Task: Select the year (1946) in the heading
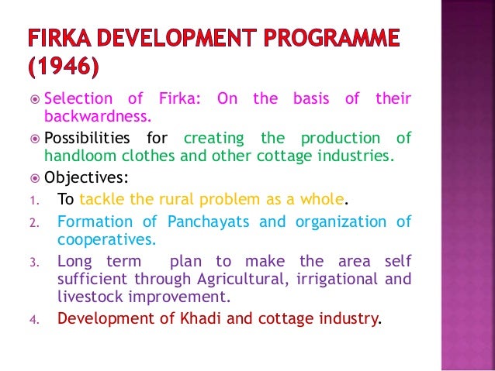[x=64, y=68]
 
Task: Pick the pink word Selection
[x=78, y=99]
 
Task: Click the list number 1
[x=33, y=201]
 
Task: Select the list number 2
[x=33, y=223]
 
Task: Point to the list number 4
[x=33, y=318]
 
